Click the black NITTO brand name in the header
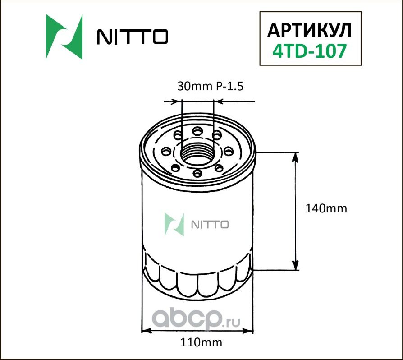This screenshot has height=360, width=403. tap(133, 37)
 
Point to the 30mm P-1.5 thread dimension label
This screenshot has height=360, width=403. tap(210, 87)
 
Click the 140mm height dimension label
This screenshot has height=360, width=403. tap(326, 208)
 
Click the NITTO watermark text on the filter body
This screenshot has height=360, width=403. tap(211, 225)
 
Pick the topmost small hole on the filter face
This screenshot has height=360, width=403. tap(197, 131)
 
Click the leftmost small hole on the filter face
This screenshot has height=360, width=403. tap(167, 151)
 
